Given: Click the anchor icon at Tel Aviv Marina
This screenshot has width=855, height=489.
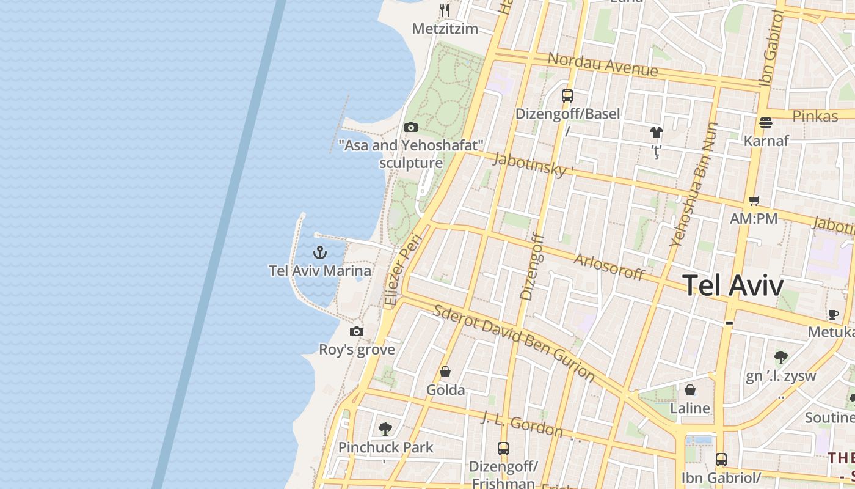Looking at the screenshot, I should click(x=320, y=252).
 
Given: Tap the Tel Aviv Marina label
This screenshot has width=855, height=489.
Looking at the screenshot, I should click(x=320, y=270).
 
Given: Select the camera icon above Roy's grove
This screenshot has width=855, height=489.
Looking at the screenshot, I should click(x=357, y=331).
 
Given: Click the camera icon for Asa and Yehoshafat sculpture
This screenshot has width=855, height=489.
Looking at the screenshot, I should click(x=411, y=127).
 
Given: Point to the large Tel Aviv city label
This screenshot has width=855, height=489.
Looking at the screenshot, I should click(x=732, y=285).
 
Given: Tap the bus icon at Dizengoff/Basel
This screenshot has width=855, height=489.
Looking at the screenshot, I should click(x=567, y=95).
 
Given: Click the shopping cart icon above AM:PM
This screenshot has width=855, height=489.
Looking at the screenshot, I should click(x=754, y=200).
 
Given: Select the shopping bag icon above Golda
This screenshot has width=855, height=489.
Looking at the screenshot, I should click(x=445, y=372).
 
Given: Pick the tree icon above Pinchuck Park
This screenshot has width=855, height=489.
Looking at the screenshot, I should click(x=385, y=428).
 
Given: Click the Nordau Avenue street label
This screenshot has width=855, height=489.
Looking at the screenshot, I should click(x=602, y=64).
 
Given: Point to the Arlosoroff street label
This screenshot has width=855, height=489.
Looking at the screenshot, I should click(x=609, y=267).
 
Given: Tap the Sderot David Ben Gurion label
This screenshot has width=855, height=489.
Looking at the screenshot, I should click(x=514, y=340).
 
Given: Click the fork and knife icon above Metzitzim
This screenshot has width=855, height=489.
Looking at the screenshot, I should click(x=445, y=10).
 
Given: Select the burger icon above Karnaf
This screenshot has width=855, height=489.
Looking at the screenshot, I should click(x=766, y=123).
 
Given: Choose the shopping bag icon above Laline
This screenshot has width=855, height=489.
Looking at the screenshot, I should click(x=690, y=390).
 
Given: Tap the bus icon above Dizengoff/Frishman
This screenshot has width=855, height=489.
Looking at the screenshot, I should click(x=503, y=449).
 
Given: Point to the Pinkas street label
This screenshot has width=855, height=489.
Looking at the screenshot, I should click(x=815, y=116).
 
